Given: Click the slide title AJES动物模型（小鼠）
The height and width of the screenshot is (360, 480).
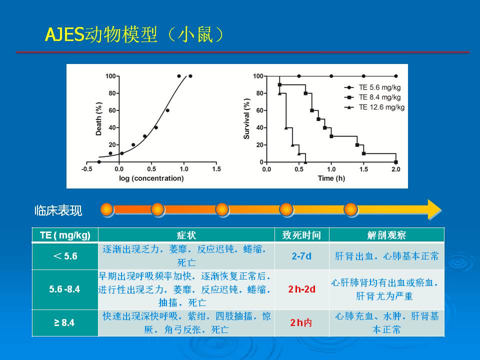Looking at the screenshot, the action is pos(134,34).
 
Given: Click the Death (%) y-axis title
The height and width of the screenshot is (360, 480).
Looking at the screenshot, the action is pos(98,119).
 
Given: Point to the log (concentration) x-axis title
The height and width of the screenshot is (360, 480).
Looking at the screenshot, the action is pos(151,178).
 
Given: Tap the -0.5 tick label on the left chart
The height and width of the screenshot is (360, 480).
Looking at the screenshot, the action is pos(86,169).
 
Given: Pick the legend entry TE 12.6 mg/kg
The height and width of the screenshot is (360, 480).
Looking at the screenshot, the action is pos(374,107).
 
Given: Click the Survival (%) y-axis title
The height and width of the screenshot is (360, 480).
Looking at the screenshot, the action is pos(246,119).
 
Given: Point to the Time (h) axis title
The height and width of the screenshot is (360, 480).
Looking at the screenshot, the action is pos(331,178).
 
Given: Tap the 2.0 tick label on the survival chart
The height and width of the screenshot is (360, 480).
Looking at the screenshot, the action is pos(396,169).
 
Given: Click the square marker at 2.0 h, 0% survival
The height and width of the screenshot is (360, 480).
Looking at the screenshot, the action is pos(396,162).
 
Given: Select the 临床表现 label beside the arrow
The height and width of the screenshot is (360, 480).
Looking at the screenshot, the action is pos(58,210).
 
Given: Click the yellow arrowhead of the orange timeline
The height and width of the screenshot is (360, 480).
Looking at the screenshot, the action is pos(434,209).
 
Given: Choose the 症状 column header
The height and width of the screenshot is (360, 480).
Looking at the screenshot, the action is pos(186,235).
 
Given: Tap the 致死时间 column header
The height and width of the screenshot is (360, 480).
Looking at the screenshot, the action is pos(301,235).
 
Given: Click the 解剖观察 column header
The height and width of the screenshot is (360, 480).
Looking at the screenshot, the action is pos(386,235).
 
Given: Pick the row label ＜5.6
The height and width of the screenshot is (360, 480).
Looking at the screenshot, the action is pos(65,256).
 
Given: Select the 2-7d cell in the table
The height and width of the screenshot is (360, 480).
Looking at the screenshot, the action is pos(301,256).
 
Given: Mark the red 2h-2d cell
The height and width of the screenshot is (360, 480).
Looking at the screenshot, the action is pos(301,289).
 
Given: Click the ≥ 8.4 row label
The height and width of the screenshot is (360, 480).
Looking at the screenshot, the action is pos(64,322).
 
